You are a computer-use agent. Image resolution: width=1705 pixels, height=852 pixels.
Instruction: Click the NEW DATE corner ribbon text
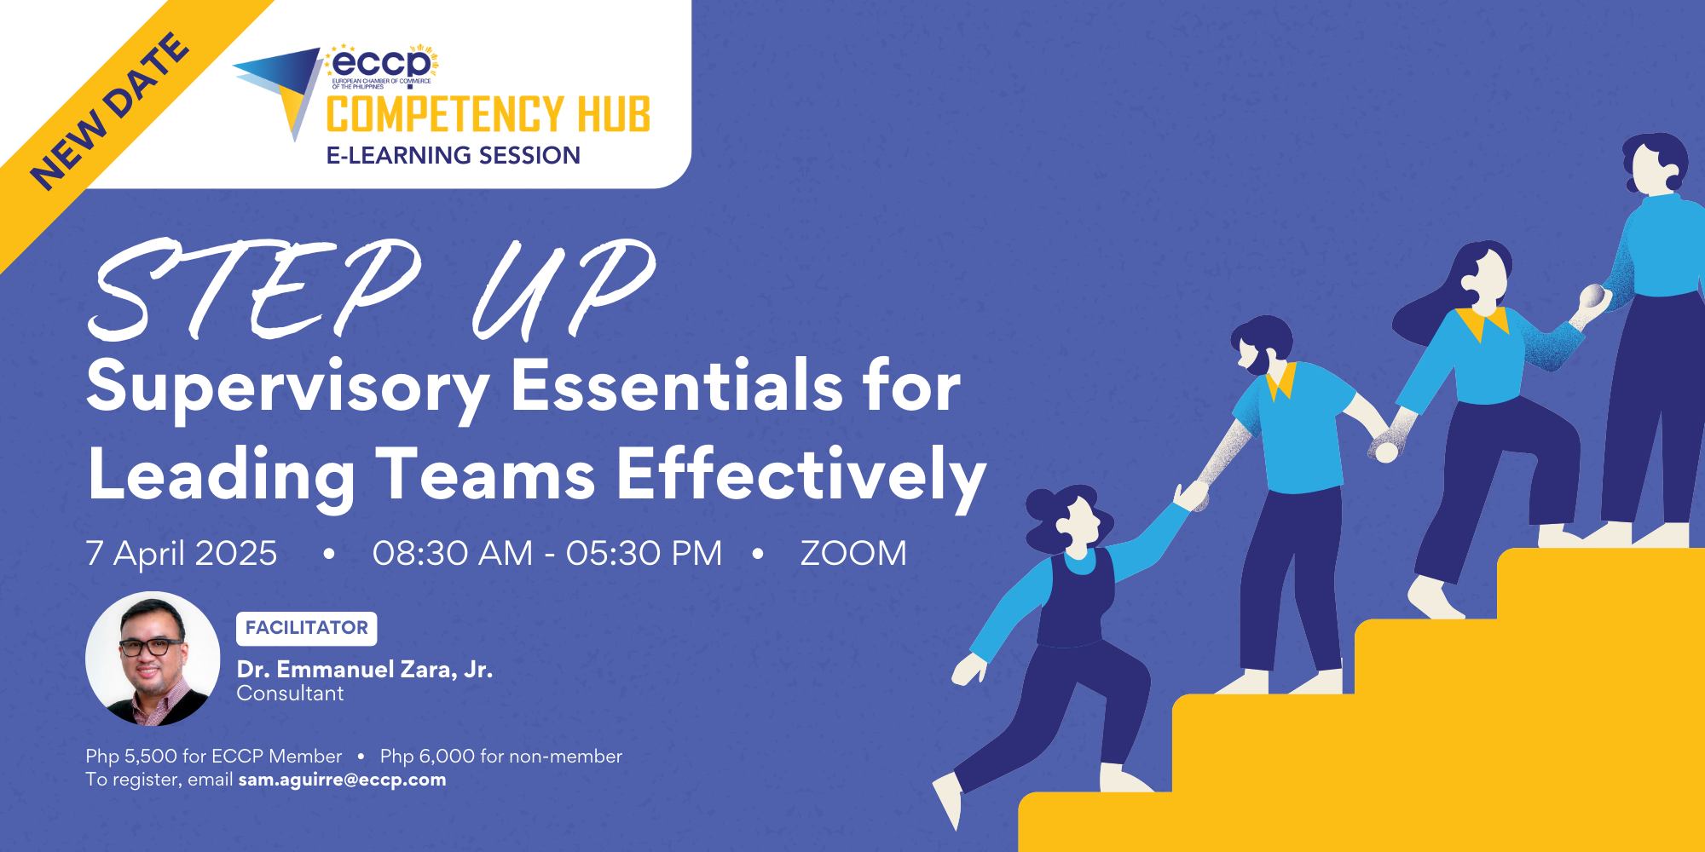click(109, 111)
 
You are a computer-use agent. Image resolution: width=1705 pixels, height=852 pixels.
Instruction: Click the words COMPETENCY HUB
click(488, 115)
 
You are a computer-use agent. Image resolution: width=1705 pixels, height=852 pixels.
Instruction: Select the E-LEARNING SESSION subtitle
click(453, 155)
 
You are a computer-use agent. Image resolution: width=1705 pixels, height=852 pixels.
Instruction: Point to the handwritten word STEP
click(256, 290)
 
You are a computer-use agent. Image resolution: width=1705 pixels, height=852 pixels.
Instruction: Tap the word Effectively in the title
click(800, 475)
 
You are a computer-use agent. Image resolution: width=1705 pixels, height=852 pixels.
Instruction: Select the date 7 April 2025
click(182, 554)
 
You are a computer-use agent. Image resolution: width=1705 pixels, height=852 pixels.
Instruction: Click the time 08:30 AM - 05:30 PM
click(546, 554)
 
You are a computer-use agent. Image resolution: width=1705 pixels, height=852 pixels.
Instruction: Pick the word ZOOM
click(852, 554)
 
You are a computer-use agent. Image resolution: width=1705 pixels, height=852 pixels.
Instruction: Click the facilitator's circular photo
click(153, 659)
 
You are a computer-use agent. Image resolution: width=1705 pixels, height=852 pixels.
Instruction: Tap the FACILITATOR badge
click(306, 628)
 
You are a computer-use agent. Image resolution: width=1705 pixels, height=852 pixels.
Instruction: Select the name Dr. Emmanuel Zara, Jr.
click(365, 670)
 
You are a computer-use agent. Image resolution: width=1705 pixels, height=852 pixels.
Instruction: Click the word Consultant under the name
click(290, 694)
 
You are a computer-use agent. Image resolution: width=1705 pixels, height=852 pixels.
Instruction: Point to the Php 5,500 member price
click(213, 756)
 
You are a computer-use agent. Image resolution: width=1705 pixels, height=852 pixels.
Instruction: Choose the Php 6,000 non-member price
click(501, 756)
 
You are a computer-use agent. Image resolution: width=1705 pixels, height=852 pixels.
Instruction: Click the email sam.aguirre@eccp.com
click(342, 780)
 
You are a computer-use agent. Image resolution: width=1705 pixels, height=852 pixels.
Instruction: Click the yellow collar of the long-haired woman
click(1483, 322)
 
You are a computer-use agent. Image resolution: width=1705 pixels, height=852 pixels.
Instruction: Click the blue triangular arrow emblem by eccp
click(281, 85)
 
